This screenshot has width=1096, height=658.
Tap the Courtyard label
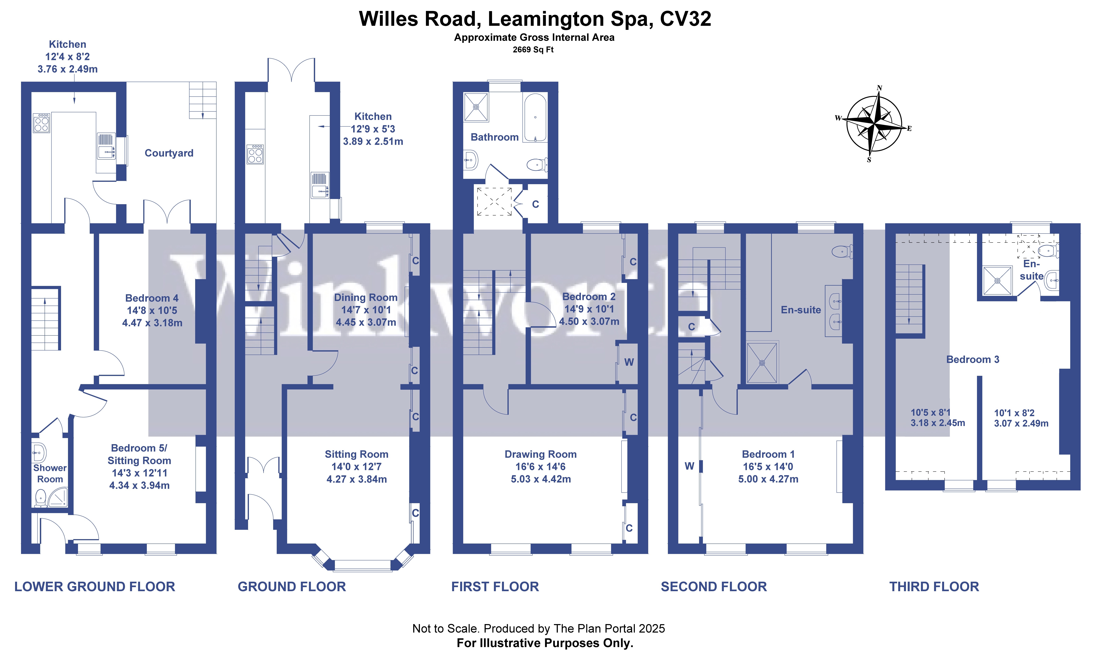pyautogui.click(x=169, y=153)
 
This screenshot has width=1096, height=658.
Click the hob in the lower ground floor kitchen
pyautogui.click(x=41, y=123)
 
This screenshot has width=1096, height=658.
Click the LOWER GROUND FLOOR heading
pyautogui.click(x=94, y=587)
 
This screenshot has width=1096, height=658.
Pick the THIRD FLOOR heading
pyautogui.click(x=934, y=587)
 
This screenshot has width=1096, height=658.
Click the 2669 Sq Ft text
pyautogui.click(x=533, y=50)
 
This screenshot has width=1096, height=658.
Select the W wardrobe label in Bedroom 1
pyautogui.click(x=689, y=466)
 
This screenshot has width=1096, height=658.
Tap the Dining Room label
pyautogui.click(x=366, y=297)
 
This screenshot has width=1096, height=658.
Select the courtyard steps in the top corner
pyautogui.click(x=203, y=100)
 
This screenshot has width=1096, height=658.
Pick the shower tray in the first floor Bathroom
pyautogui.click(x=476, y=107)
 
